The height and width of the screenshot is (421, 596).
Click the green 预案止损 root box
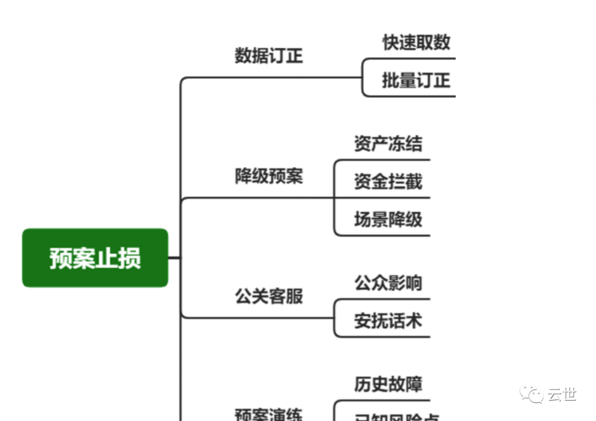point(95,258)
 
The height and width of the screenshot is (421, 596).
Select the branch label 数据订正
point(269,56)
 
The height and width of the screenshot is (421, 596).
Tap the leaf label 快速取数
point(417,42)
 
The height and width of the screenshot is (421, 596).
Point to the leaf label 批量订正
point(417,81)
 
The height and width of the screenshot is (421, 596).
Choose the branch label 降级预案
point(269,177)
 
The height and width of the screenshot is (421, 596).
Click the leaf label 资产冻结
point(388,143)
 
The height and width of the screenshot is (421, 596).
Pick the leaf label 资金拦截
point(388,182)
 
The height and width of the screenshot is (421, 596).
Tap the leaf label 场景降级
point(388,220)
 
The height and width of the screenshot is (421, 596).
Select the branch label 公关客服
point(269,296)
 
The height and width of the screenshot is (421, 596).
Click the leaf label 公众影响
point(388,283)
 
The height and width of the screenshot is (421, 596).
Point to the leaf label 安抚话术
point(388,321)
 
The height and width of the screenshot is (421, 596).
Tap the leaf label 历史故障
point(388,384)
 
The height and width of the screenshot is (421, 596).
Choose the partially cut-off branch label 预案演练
point(269,414)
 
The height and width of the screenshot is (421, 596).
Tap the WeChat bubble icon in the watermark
point(531,394)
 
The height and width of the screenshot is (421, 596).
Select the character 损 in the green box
point(130,258)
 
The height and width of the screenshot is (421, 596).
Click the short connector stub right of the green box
point(174,257)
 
